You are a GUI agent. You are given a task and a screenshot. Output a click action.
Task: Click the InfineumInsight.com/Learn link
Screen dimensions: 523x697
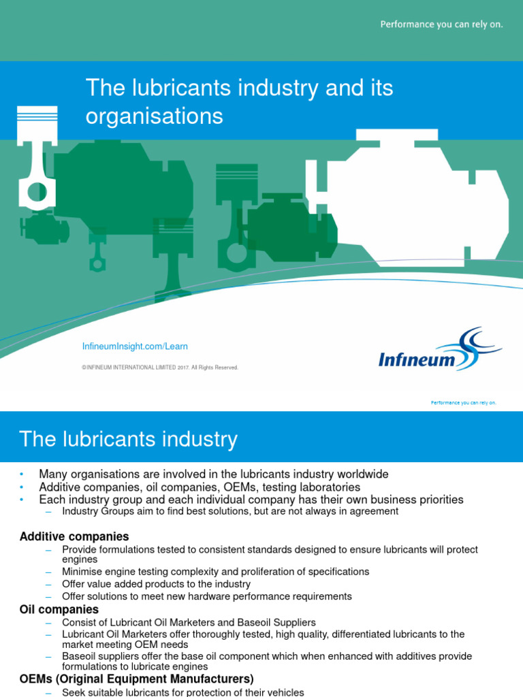135,346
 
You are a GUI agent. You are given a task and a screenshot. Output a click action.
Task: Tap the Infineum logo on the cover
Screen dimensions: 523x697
440,350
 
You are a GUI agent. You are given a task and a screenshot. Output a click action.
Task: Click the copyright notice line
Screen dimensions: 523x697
160,368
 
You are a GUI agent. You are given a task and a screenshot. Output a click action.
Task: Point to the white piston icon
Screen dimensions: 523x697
37,158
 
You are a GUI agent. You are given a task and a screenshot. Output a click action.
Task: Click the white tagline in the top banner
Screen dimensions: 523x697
441,25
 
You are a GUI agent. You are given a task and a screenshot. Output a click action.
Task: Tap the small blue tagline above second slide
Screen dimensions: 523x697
463,403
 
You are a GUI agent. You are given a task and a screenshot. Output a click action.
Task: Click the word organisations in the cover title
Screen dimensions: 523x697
155,116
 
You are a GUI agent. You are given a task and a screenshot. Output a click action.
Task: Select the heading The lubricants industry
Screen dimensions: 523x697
128,439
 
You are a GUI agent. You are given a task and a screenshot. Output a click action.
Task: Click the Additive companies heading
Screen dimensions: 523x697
74,536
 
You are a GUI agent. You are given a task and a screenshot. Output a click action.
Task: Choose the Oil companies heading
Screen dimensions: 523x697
59,609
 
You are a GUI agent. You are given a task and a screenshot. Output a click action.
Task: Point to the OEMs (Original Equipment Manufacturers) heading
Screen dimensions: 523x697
136,679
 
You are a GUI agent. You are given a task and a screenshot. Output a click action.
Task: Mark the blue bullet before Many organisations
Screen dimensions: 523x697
21,474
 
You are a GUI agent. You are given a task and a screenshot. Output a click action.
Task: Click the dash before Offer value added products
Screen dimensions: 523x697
48,584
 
